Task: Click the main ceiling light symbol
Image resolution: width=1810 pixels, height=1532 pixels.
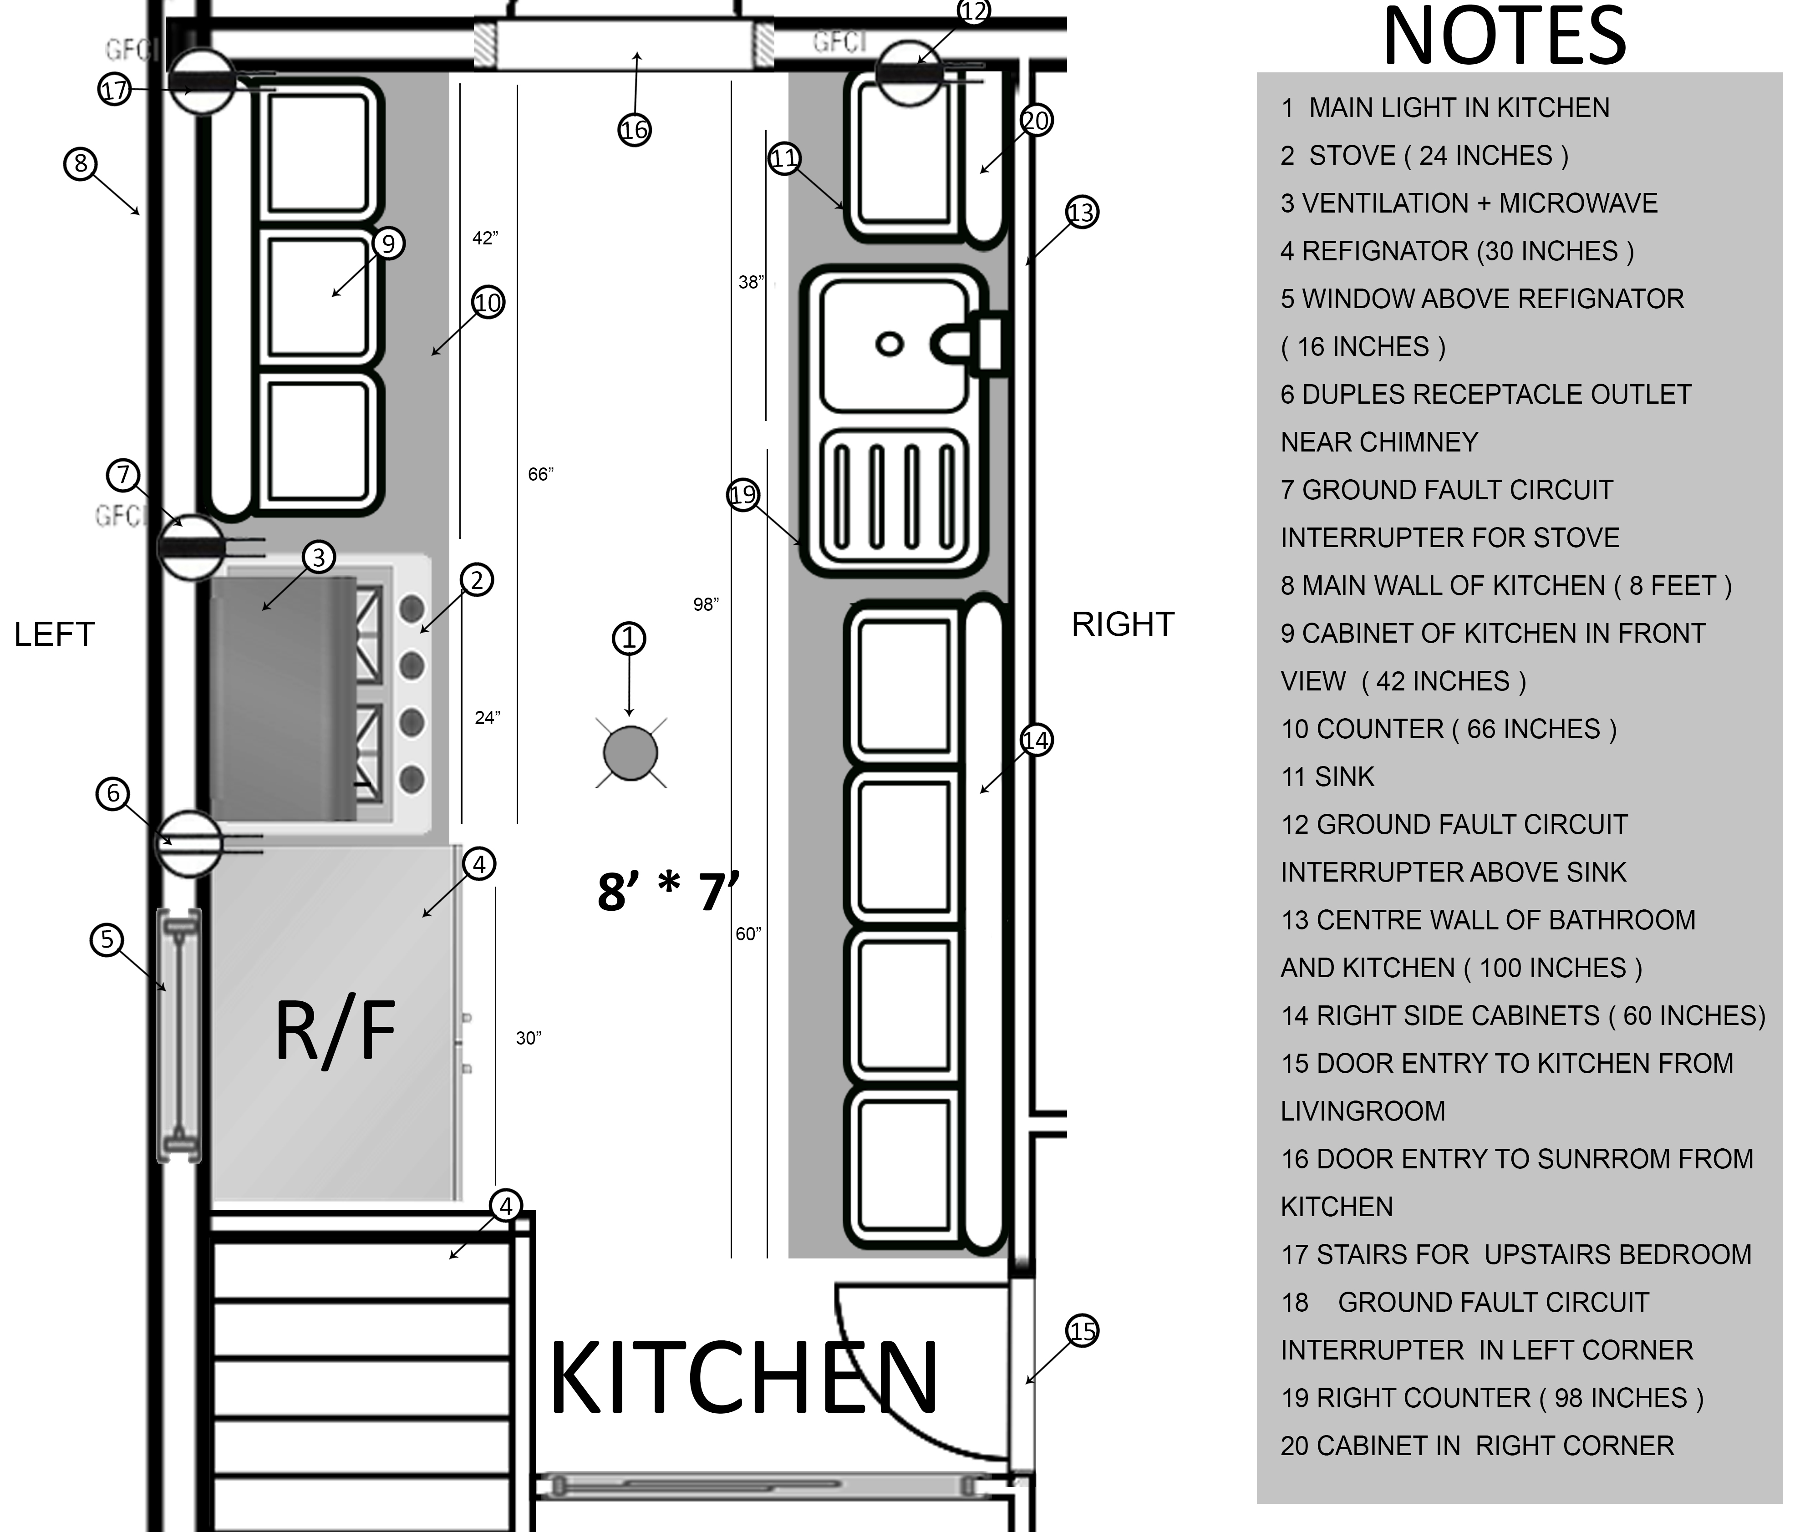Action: (x=630, y=753)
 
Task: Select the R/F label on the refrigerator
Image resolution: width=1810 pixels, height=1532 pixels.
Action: (x=335, y=1031)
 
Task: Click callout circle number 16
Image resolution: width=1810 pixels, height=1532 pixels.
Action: (x=634, y=130)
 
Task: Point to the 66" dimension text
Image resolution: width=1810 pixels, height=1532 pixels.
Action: (x=540, y=474)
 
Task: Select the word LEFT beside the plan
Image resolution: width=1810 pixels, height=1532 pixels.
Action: (x=54, y=635)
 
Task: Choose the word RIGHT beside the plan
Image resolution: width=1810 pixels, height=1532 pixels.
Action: (x=1122, y=624)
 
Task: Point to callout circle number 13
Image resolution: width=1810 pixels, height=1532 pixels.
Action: (x=1081, y=212)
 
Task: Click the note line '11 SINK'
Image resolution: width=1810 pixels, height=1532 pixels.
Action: (x=1327, y=776)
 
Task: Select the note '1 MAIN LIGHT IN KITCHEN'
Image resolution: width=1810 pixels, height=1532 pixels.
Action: (x=1445, y=108)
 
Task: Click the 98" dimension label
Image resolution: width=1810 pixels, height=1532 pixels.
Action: (x=706, y=604)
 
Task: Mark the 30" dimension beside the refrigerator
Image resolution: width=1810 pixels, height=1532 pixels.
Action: (x=528, y=1038)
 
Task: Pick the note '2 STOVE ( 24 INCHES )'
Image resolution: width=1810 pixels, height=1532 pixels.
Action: (x=1424, y=156)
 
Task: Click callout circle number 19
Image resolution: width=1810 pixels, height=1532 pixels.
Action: (x=742, y=495)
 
